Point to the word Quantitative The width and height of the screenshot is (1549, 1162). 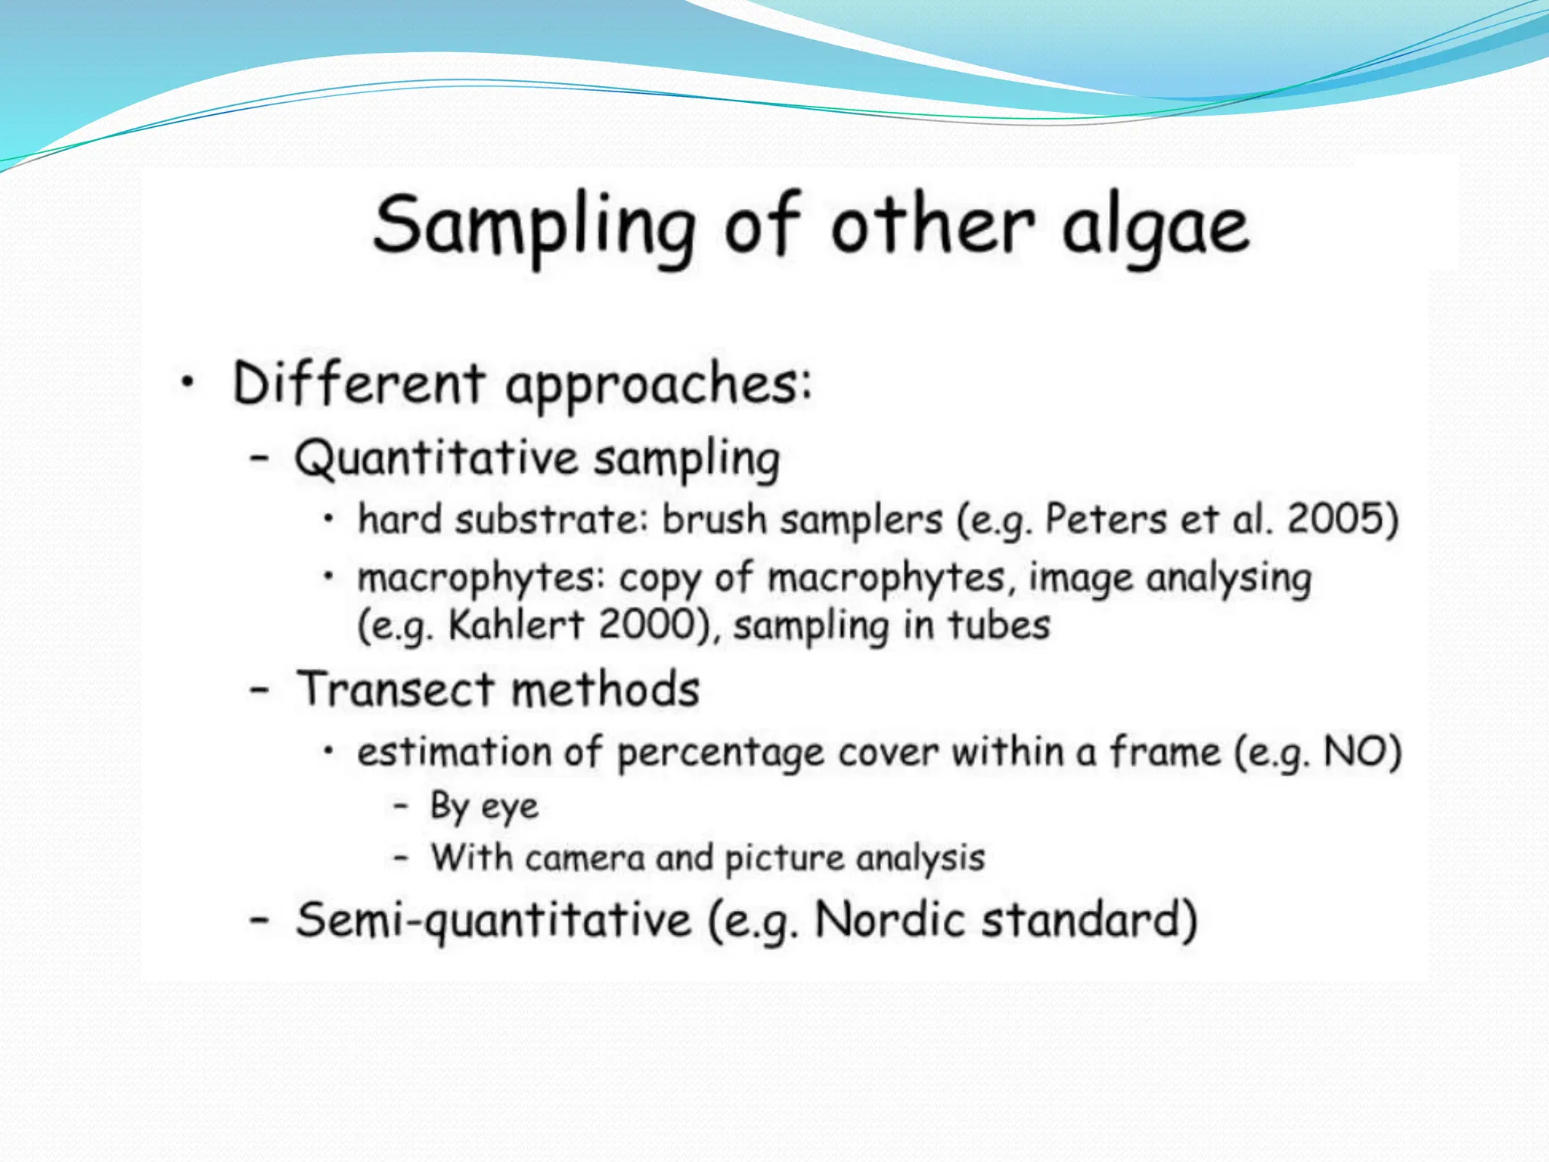coord(436,458)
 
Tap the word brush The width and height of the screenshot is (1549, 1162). coord(715,520)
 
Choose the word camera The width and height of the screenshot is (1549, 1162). coord(585,859)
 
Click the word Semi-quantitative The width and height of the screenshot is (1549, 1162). coord(493,921)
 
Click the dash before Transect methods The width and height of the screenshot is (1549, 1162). coord(259,689)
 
